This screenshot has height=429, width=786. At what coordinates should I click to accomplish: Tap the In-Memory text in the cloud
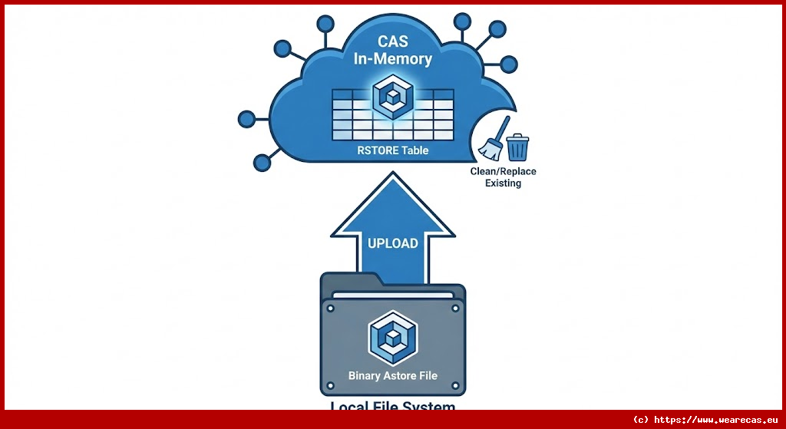click(x=392, y=58)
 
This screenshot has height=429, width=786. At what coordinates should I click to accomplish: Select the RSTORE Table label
click(x=393, y=150)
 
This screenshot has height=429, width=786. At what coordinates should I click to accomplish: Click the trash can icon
click(x=518, y=146)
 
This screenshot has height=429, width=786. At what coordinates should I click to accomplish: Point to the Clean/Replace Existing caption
click(x=503, y=177)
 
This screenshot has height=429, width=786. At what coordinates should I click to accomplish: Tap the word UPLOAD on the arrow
click(x=393, y=243)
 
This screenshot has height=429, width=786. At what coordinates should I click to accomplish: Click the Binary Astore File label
click(x=392, y=375)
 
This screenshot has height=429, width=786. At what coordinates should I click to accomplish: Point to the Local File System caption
click(x=392, y=408)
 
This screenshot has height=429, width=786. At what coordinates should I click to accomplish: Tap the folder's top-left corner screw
click(x=331, y=309)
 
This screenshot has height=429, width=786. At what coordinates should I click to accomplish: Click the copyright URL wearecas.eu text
click(x=705, y=420)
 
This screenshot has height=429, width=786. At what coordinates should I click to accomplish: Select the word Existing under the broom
click(x=503, y=183)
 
